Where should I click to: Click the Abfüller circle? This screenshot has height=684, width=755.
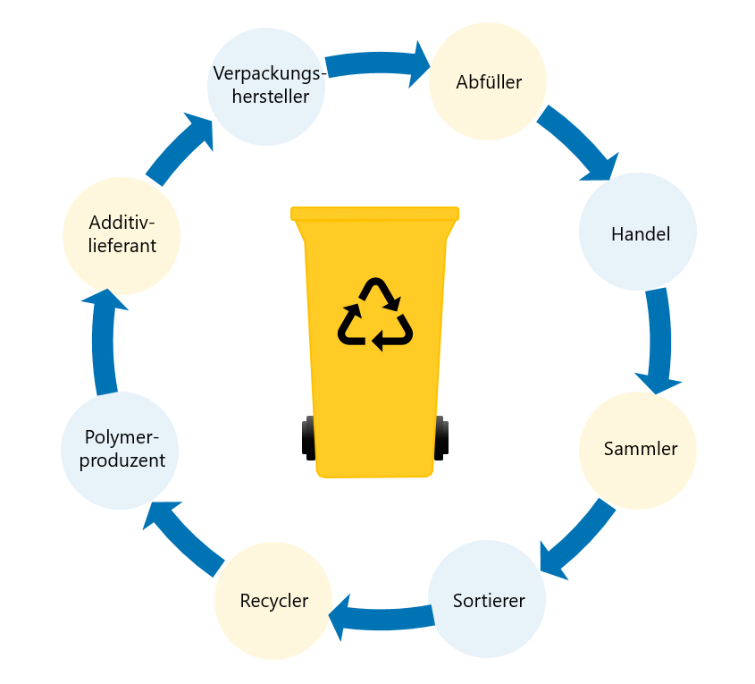click(488, 82)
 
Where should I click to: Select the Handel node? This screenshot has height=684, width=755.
click(638, 232)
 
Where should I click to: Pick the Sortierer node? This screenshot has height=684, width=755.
click(487, 599)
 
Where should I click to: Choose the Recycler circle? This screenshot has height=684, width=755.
click(273, 600)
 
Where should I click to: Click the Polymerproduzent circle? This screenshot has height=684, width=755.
click(120, 450)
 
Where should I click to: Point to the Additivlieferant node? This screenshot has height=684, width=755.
click(122, 235)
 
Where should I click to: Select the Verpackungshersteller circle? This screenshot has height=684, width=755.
click(266, 86)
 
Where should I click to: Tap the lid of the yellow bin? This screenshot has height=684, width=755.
click(374, 214)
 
